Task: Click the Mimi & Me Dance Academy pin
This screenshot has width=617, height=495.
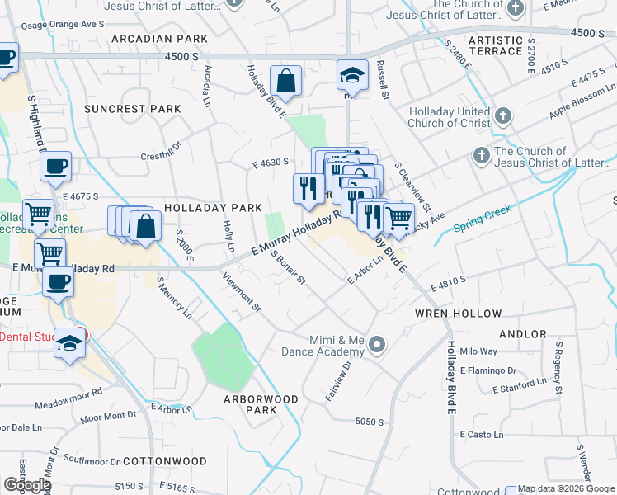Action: (x=378, y=344)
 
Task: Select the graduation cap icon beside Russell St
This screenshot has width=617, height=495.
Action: (x=352, y=75)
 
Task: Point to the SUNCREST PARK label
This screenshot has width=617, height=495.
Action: (x=132, y=109)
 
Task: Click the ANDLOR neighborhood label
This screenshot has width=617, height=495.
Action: (x=523, y=334)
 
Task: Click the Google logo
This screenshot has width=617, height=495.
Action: (x=27, y=485)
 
